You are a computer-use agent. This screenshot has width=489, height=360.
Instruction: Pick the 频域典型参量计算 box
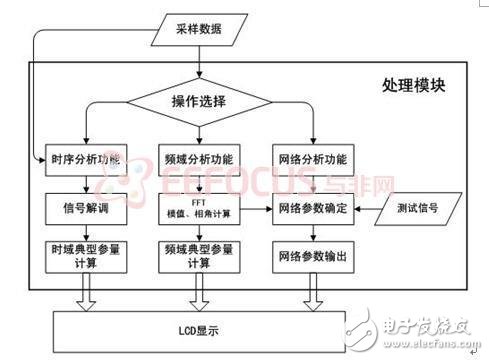200,255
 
